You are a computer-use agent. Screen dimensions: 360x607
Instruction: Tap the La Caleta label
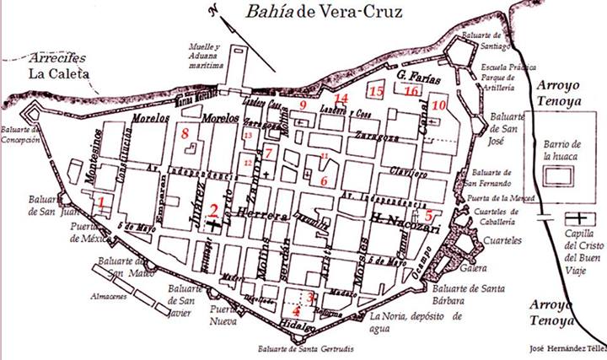pos(57,74)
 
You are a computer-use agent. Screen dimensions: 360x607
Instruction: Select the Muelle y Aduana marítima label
pos(205,54)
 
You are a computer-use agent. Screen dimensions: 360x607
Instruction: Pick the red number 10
pos(437,106)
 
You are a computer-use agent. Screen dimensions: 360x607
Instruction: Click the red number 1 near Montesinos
pos(101,202)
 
